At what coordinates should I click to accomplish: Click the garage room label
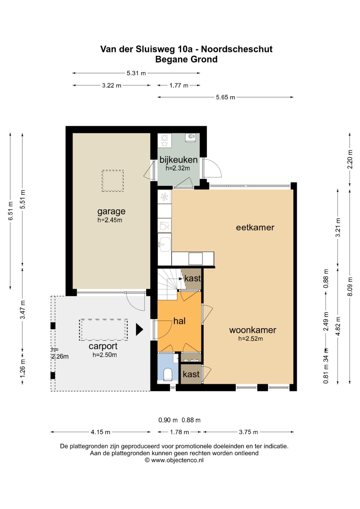click(x=111, y=212)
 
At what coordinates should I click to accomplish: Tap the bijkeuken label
click(x=178, y=160)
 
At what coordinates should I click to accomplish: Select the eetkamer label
click(x=255, y=227)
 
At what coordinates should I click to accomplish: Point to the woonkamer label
click(x=253, y=330)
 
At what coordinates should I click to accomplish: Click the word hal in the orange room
click(x=179, y=321)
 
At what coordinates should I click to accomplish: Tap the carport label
click(x=103, y=347)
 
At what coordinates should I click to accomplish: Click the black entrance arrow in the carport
click(x=139, y=329)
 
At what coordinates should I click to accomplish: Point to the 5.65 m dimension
click(x=225, y=97)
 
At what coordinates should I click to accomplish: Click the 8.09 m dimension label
click(x=350, y=286)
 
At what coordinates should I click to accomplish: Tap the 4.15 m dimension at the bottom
click(x=100, y=432)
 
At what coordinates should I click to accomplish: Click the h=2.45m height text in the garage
click(x=110, y=220)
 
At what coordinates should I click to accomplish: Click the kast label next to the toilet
click(x=191, y=374)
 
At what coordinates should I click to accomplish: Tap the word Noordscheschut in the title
click(x=237, y=49)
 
